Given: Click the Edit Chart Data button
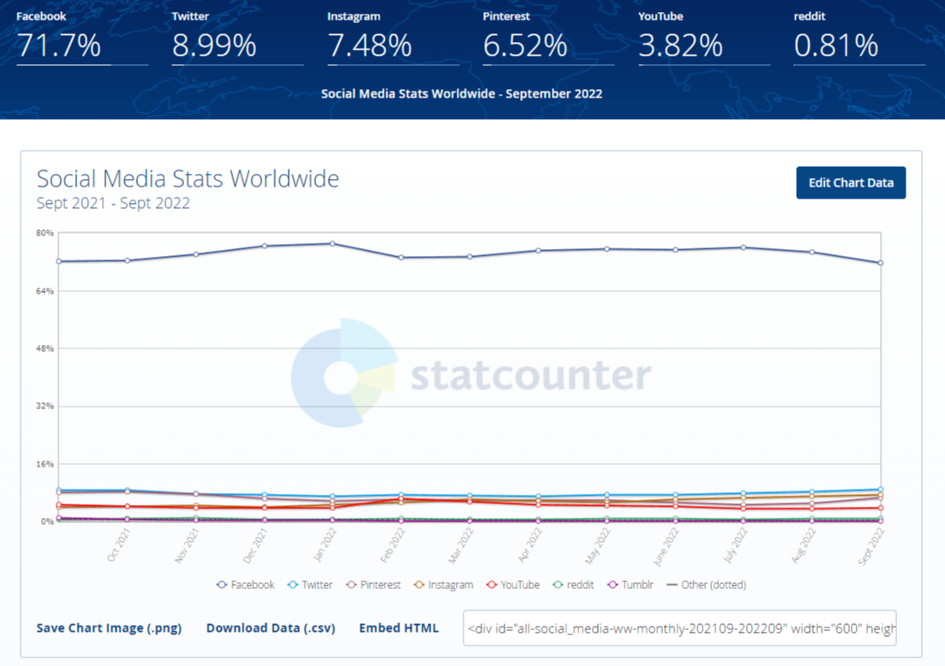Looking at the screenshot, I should tap(851, 183).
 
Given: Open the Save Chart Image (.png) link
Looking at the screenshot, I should tap(109, 627).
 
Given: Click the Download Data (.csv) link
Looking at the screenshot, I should tap(271, 627).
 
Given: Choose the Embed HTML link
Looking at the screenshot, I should tap(398, 627).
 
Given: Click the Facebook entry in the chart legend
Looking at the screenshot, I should tap(246, 585).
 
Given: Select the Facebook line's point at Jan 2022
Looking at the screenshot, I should tap(332, 243).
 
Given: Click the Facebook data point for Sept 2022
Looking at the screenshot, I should tap(881, 263).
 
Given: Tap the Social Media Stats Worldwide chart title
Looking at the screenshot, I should tap(188, 179).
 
